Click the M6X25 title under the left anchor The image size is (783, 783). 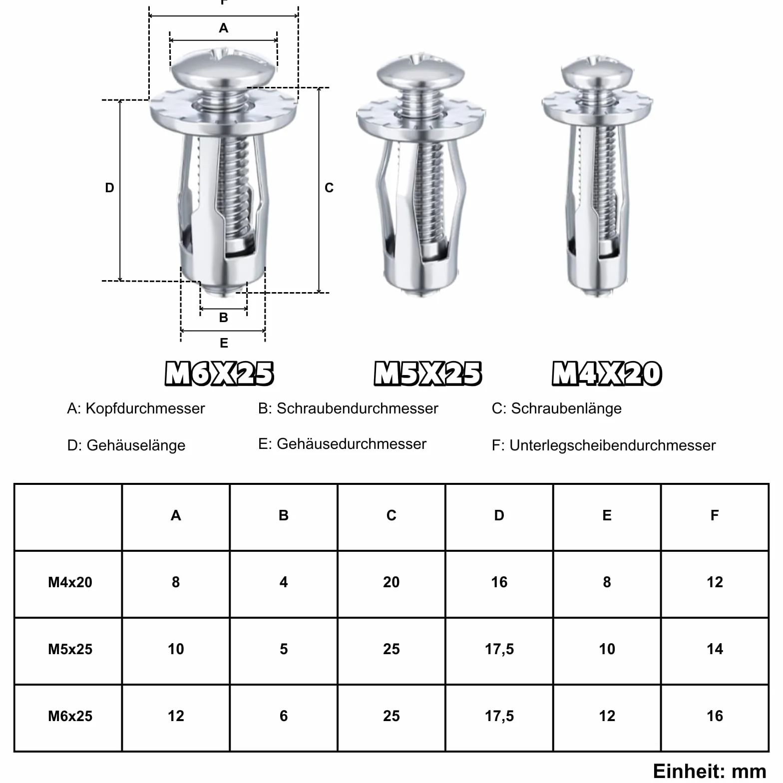[x=219, y=374]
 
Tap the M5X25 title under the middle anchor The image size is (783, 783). [x=428, y=374]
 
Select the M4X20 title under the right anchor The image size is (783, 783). [x=607, y=374]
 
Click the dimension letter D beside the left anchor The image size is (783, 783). [x=109, y=188]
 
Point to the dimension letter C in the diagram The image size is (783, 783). [x=329, y=188]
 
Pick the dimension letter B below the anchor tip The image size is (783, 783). [x=224, y=318]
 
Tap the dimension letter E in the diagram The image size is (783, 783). [x=224, y=343]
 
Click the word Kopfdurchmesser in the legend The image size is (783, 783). [x=145, y=408]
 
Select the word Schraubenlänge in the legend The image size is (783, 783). [x=566, y=408]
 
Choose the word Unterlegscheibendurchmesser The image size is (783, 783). [x=613, y=445]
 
